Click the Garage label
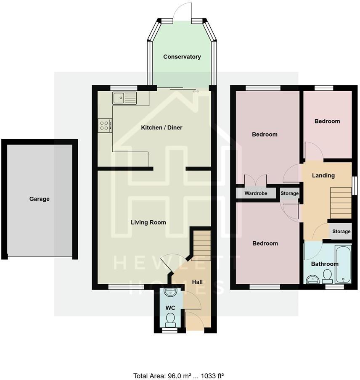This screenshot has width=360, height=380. [x=39, y=199]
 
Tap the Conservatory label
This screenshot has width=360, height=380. [x=182, y=57]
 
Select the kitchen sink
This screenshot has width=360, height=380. [x=124, y=98]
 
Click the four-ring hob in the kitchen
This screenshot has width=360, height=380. [x=105, y=125]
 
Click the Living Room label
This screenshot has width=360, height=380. [x=148, y=222]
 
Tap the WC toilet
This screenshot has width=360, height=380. [x=170, y=321]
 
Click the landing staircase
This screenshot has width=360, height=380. [x=341, y=197]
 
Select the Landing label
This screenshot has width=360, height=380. [x=323, y=175]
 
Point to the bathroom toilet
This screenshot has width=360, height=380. [x=327, y=276]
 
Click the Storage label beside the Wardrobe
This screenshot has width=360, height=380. [x=289, y=193]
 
